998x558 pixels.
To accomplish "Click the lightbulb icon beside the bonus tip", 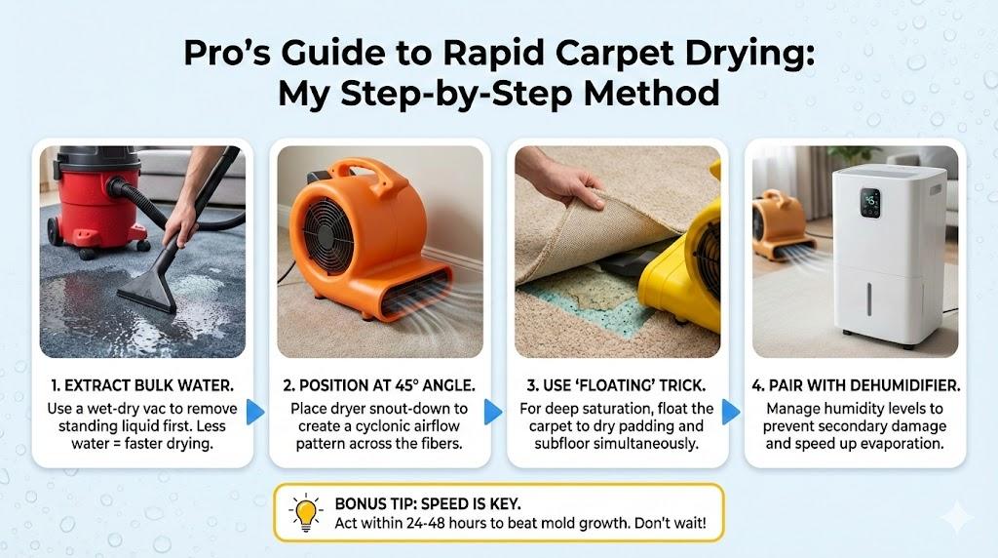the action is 305,511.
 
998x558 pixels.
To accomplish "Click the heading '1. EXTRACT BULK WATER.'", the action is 142,385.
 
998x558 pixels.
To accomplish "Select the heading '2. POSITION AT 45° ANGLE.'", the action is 379,385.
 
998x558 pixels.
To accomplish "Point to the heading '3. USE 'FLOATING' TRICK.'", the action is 616,385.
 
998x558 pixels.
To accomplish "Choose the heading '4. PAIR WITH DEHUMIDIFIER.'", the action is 856,385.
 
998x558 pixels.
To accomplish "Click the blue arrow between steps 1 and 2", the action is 255,412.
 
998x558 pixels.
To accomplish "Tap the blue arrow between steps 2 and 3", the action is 492,412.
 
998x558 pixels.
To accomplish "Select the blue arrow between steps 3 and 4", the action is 731,412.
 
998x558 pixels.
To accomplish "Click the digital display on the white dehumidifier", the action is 870,203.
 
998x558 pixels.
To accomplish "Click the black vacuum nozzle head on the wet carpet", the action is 148,293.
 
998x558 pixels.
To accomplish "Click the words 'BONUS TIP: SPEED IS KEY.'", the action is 428,503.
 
